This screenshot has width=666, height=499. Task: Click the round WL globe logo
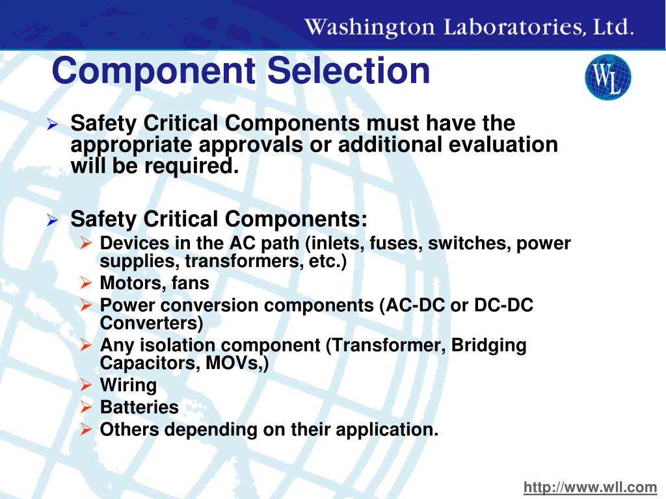pyautogui.click(x=607, y=77)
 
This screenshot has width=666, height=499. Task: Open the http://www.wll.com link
pyautogui.click(x=591, y=487)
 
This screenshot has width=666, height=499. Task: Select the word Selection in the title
pyautogui.click(x=349, y=71)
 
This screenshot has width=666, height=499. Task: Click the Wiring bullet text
pyautogui.click(x=128, y=385)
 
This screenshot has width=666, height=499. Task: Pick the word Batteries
pyautogui.click(x=139, y=407)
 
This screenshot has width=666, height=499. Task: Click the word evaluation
pyautogui.click(x=503, y=144)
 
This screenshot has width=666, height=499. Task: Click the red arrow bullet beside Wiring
pyautogui.click(x=86, y=385)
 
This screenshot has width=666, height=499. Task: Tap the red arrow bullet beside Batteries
pyautogui.click(x=86, y=407)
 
